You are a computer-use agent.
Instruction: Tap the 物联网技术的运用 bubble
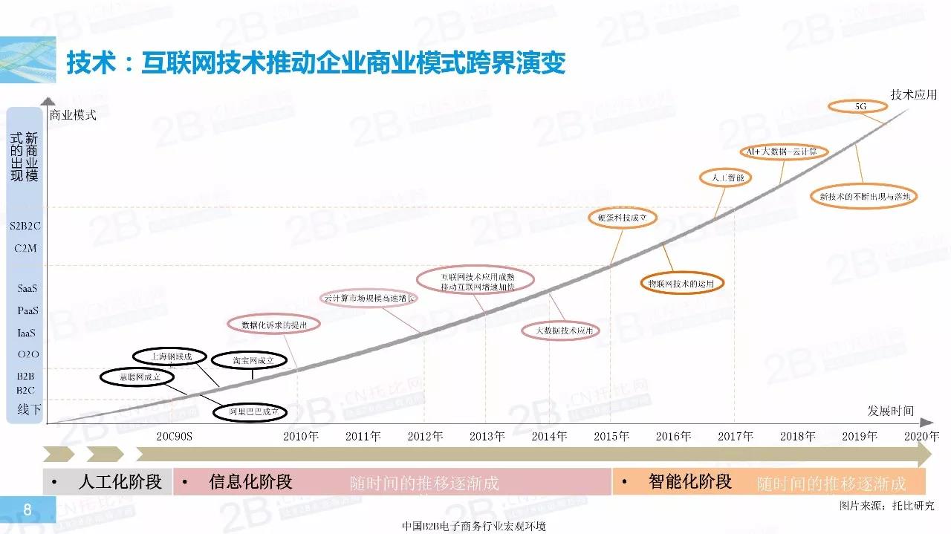[681, 284]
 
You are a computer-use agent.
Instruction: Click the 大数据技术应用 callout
[560, 331]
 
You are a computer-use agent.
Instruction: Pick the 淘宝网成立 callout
[248, 361]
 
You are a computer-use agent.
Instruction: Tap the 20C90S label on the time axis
[175, 436]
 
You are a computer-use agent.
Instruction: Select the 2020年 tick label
[921, 436]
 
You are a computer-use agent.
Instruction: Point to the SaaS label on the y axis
[27, 288]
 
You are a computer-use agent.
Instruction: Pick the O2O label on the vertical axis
[27, 354]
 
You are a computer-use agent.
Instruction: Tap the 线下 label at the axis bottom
[28, 409]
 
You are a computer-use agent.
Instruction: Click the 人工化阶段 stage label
[120, 482]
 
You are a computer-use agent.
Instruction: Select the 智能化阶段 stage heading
[689, 482]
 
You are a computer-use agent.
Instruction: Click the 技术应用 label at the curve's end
[913, 95]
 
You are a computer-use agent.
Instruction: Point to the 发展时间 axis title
[890, 411]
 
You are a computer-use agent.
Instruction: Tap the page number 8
[27, 509]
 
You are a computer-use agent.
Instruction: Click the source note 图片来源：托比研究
[886, 506]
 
